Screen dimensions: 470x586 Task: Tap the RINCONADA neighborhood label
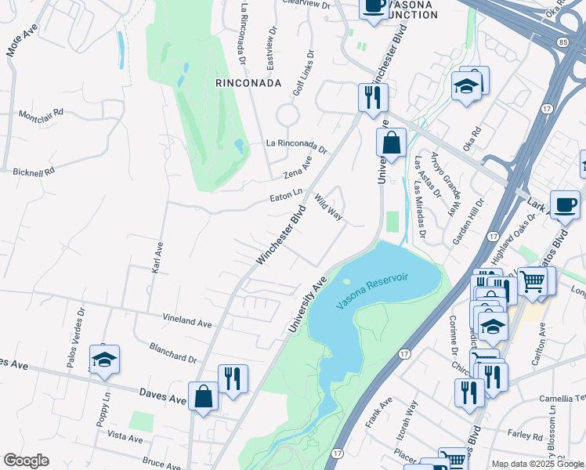(248, 82)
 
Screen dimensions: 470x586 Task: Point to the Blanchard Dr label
(172, 352)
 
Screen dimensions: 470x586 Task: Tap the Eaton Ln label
(287, 192)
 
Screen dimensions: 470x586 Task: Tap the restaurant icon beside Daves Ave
(233, 378)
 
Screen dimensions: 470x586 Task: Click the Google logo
(26, 461)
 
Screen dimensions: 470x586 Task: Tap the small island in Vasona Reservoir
(347, 282)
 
